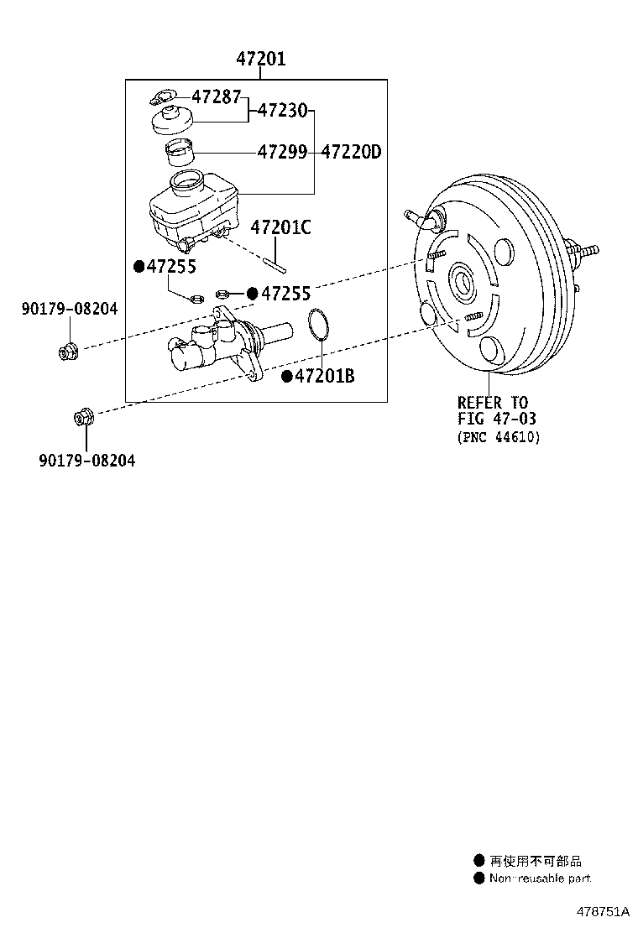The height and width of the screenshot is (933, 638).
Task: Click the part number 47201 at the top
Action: click(x=260, y=59)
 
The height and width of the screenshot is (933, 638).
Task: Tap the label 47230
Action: click(x=281, y=110)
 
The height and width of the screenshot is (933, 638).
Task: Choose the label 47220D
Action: click(x=351, y=152)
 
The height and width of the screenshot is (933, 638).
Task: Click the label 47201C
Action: click(x=280, y=227)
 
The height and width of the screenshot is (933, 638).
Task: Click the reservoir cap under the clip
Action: click(x=171, y=119)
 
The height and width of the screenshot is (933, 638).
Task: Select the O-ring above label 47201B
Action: click(x=317, y=326)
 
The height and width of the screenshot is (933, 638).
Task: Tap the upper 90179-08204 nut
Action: click(x=67, y=350)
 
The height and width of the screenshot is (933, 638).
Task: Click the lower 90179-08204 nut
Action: click(x=85, y=415)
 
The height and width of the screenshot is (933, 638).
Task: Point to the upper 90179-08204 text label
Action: click(x=70, y=310)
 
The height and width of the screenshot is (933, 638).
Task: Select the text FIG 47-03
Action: click(x=496, y=419)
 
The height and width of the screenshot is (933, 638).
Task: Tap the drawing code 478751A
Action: click(x=601, y=911)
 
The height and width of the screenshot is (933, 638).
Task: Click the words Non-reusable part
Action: click(x=540, y=878)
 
